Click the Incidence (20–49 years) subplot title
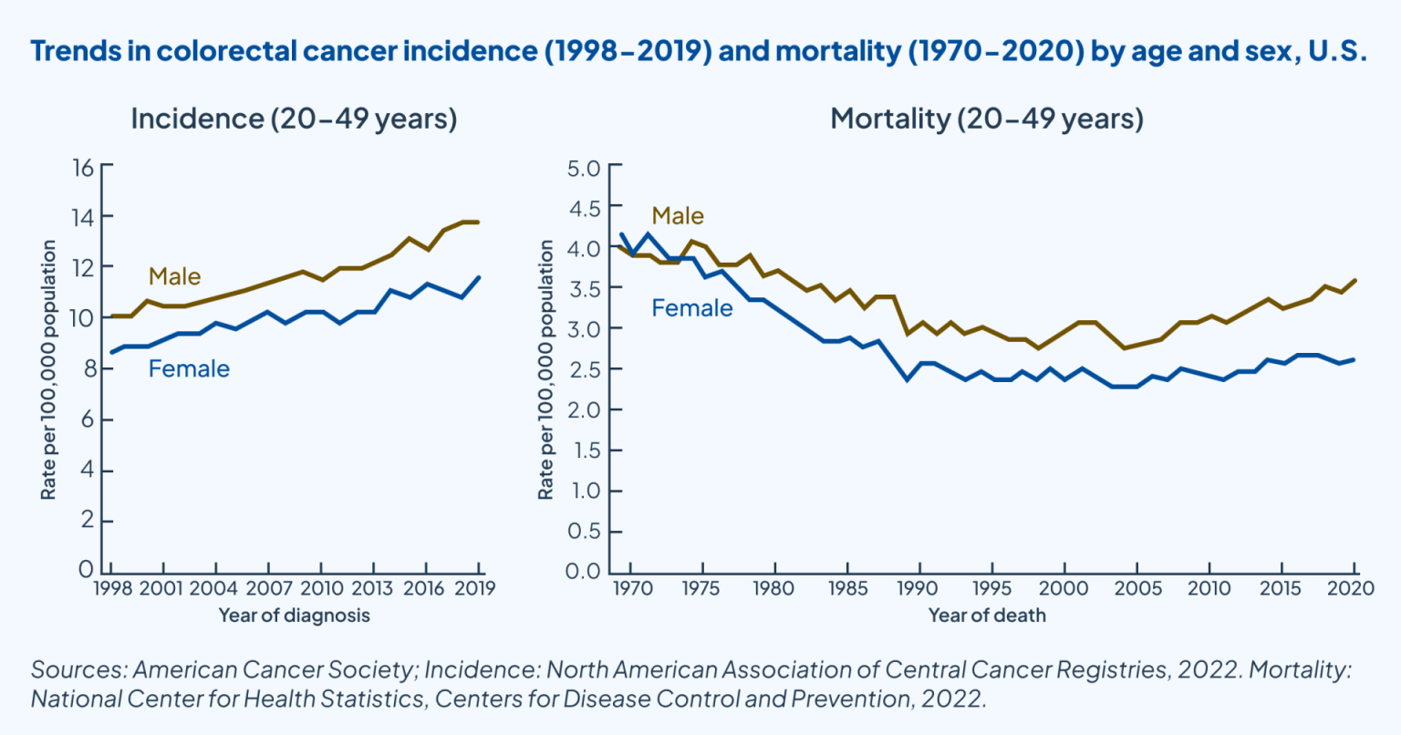point(294,119)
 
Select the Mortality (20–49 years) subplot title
point(986,119)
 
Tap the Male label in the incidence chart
point(174,276)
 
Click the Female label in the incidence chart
point(189,368)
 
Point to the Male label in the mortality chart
point(678,216)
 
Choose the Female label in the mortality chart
point(691,308)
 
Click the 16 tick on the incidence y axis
point(83,167)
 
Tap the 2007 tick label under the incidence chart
point(267,587)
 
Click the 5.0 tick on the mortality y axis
point(583,168)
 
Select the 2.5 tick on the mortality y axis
point(583,369)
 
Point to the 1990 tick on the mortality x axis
point(918,588)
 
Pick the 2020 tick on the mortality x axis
point(1351,588)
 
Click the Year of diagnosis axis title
point(294,616)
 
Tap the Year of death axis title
point(986,616)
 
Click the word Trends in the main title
point(72,51)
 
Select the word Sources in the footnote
point(76,670)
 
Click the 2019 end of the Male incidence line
point(478,222)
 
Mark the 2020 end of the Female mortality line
point(1354,359)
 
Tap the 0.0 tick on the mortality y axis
point(583,572)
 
